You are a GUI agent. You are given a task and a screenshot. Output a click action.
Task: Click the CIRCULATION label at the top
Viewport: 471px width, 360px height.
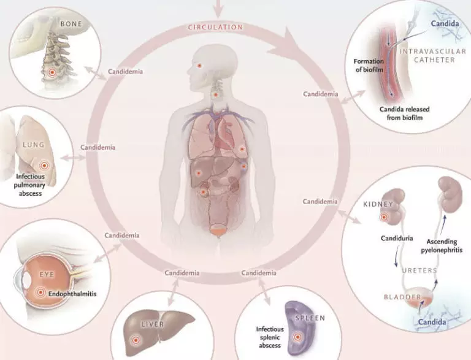[x=215, y=27]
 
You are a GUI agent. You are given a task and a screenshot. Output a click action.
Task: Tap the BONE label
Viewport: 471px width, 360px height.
[x=71, y=24]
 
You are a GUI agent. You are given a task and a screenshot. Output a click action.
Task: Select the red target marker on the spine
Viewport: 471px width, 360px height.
[x=52, y=72]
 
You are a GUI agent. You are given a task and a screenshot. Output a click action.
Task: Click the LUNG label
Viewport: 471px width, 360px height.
[x=34, y=145]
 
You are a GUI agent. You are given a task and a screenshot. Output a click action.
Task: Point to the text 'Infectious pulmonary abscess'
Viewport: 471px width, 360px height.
[x=29, y=185]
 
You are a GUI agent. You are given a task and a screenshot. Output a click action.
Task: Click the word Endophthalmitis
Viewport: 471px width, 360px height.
[x=72, y=294]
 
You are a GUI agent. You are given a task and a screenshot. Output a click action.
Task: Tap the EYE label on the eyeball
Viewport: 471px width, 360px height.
[x=47, y=275]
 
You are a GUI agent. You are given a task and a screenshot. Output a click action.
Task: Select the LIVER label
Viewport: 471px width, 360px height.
[x=153, y=324]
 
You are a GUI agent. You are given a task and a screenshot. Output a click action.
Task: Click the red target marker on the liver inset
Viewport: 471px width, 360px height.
[x=136, y=340]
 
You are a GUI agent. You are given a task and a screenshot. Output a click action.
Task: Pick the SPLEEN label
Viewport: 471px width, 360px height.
[x=310, y=318]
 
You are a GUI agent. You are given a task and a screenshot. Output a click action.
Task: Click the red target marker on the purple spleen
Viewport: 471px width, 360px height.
[x=297, y=337]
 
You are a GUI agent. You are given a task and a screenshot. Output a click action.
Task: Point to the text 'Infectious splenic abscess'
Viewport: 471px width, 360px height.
[x=270, y=337]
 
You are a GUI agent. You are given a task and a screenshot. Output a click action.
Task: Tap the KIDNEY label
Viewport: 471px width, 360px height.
[x=378, y=204]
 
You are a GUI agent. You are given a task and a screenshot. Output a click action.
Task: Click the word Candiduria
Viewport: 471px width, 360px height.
[x=397, y=239]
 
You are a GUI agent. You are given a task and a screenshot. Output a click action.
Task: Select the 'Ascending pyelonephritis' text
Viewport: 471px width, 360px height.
[x=442, y=246]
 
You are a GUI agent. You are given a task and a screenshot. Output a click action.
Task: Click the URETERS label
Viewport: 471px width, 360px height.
[x=419, y=270]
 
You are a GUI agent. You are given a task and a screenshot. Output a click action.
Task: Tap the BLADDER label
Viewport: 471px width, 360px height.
[x=402, y=297]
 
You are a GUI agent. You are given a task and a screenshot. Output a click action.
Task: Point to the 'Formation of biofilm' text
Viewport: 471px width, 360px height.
[x=369, y=65]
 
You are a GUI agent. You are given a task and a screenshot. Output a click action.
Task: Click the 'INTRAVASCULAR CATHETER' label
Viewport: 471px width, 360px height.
[x=433, y=56]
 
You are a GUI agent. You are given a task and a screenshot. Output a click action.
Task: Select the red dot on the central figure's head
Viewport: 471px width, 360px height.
[x=199, y=65]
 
